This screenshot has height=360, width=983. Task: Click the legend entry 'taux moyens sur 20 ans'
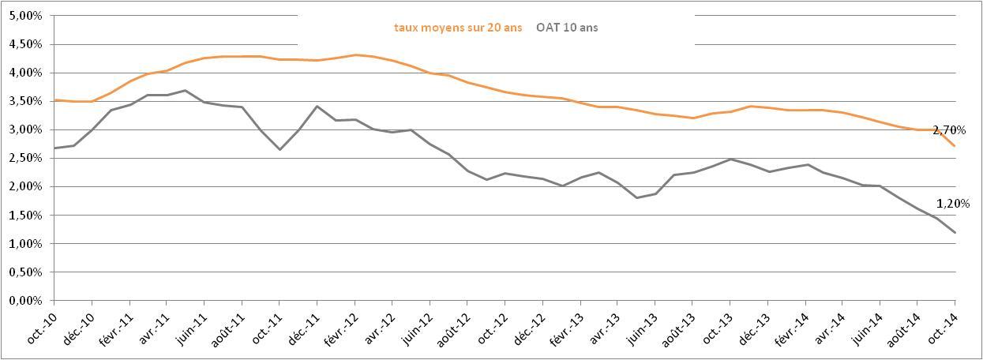pos(448,28)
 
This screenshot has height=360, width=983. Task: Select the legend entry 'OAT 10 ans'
pos(567,28)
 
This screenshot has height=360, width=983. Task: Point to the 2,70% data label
pos(949,129)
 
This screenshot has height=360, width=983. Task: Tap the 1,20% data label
pos(952,203)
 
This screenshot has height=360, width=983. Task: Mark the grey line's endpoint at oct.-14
pos(955,232)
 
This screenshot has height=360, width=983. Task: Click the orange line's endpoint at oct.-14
pos(955,146)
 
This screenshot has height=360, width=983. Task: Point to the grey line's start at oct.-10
pos(54,148)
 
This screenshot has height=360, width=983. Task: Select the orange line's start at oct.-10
pos(54,100)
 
